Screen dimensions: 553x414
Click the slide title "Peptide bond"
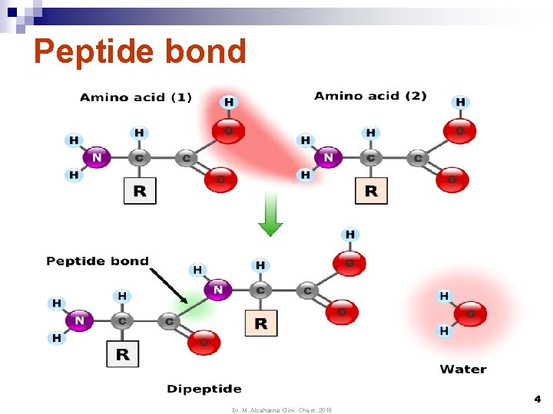coord(140,52)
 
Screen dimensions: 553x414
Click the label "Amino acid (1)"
coord(136,97)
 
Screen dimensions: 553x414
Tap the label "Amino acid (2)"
coord(370,96)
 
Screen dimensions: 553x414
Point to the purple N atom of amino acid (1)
coord(97,158)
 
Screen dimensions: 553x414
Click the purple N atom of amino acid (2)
coord(329,157)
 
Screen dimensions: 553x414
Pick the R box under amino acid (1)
coord(140,191)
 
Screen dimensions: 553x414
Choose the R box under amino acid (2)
coord(371,191)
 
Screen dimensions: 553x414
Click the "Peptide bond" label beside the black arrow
coord(98,261)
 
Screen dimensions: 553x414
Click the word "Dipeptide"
coord(204,389)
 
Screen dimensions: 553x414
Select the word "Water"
coord(463,370)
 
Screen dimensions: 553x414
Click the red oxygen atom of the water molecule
coord(470,314)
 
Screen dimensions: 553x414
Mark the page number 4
coord(537,399)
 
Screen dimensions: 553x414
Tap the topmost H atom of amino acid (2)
coord(461,102)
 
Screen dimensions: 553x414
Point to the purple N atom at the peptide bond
coord(218,290)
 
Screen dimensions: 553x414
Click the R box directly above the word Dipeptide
coord(122,354)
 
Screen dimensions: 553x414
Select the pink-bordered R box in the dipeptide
coord(261,324)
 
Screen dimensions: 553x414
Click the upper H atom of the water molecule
coord(444,296)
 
